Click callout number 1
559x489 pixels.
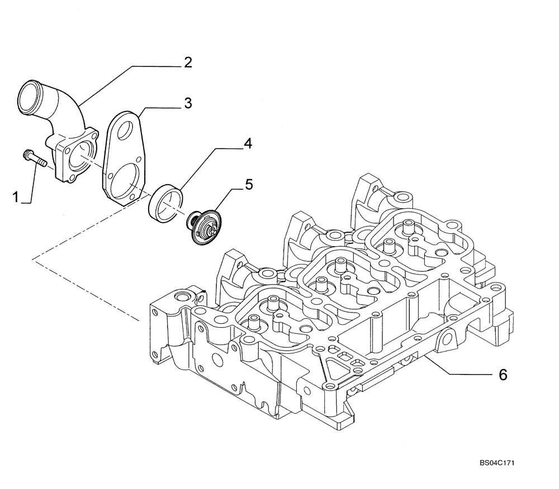tap(17, 196)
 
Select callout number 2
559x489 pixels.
tap(188, 63)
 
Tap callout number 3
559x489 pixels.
tap(188, 103)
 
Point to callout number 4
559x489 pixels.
tap(247, 143)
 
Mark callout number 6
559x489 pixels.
tap(503, 375)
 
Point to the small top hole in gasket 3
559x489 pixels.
tap(125, 130)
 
